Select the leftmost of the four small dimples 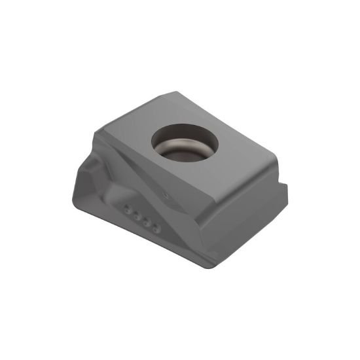tap(127, 210)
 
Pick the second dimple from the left tap(135, 217)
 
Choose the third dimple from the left tap(145, 223)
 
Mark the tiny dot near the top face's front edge tap(167, 194)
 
